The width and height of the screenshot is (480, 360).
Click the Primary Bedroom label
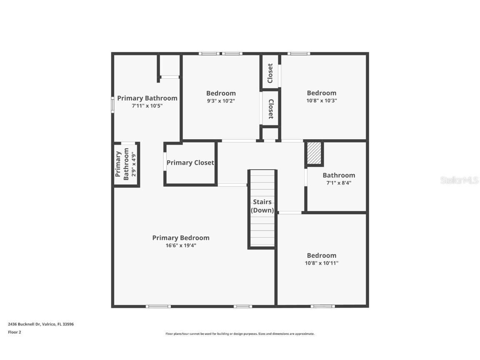(180, 238)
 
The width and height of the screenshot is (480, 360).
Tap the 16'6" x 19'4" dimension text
(180, 245)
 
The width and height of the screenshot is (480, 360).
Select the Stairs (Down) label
(262, 206)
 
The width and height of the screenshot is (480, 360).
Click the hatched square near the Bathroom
(314, 153)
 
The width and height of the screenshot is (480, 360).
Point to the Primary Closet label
(190, 163)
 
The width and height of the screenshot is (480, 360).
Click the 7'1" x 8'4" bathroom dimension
(339, 183)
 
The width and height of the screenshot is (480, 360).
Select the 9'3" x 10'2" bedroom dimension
(221, 101)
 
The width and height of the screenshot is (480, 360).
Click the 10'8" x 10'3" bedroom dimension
(321, 101)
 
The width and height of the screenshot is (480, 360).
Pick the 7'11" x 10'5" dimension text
(147, 106)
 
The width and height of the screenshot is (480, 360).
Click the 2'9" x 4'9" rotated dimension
(133, 164)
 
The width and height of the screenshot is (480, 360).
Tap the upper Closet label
(270, 73)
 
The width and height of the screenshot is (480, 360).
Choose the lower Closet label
(270, 109)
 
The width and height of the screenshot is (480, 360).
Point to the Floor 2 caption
(15, 332)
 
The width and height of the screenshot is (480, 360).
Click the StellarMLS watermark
(459, 180)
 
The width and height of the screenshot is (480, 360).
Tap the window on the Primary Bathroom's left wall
(112, 105)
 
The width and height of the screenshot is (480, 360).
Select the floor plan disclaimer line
(240, 334)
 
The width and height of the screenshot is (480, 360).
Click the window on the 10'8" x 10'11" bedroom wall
(322, 306)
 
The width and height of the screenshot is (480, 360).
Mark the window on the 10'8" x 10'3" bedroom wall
(298, 54)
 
